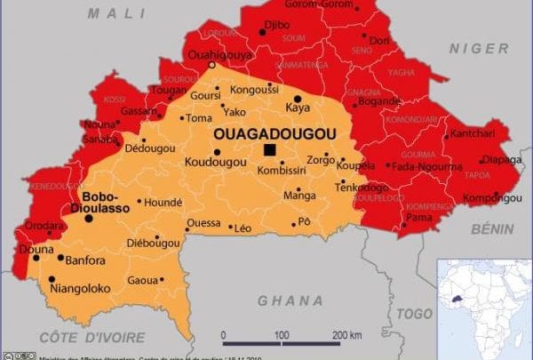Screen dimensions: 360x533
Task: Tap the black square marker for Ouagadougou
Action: click(269, 150)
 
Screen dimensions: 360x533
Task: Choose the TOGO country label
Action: click(414, 313)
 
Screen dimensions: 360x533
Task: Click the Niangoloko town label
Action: click(81, 287)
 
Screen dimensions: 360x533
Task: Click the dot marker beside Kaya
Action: click(298, 97)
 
